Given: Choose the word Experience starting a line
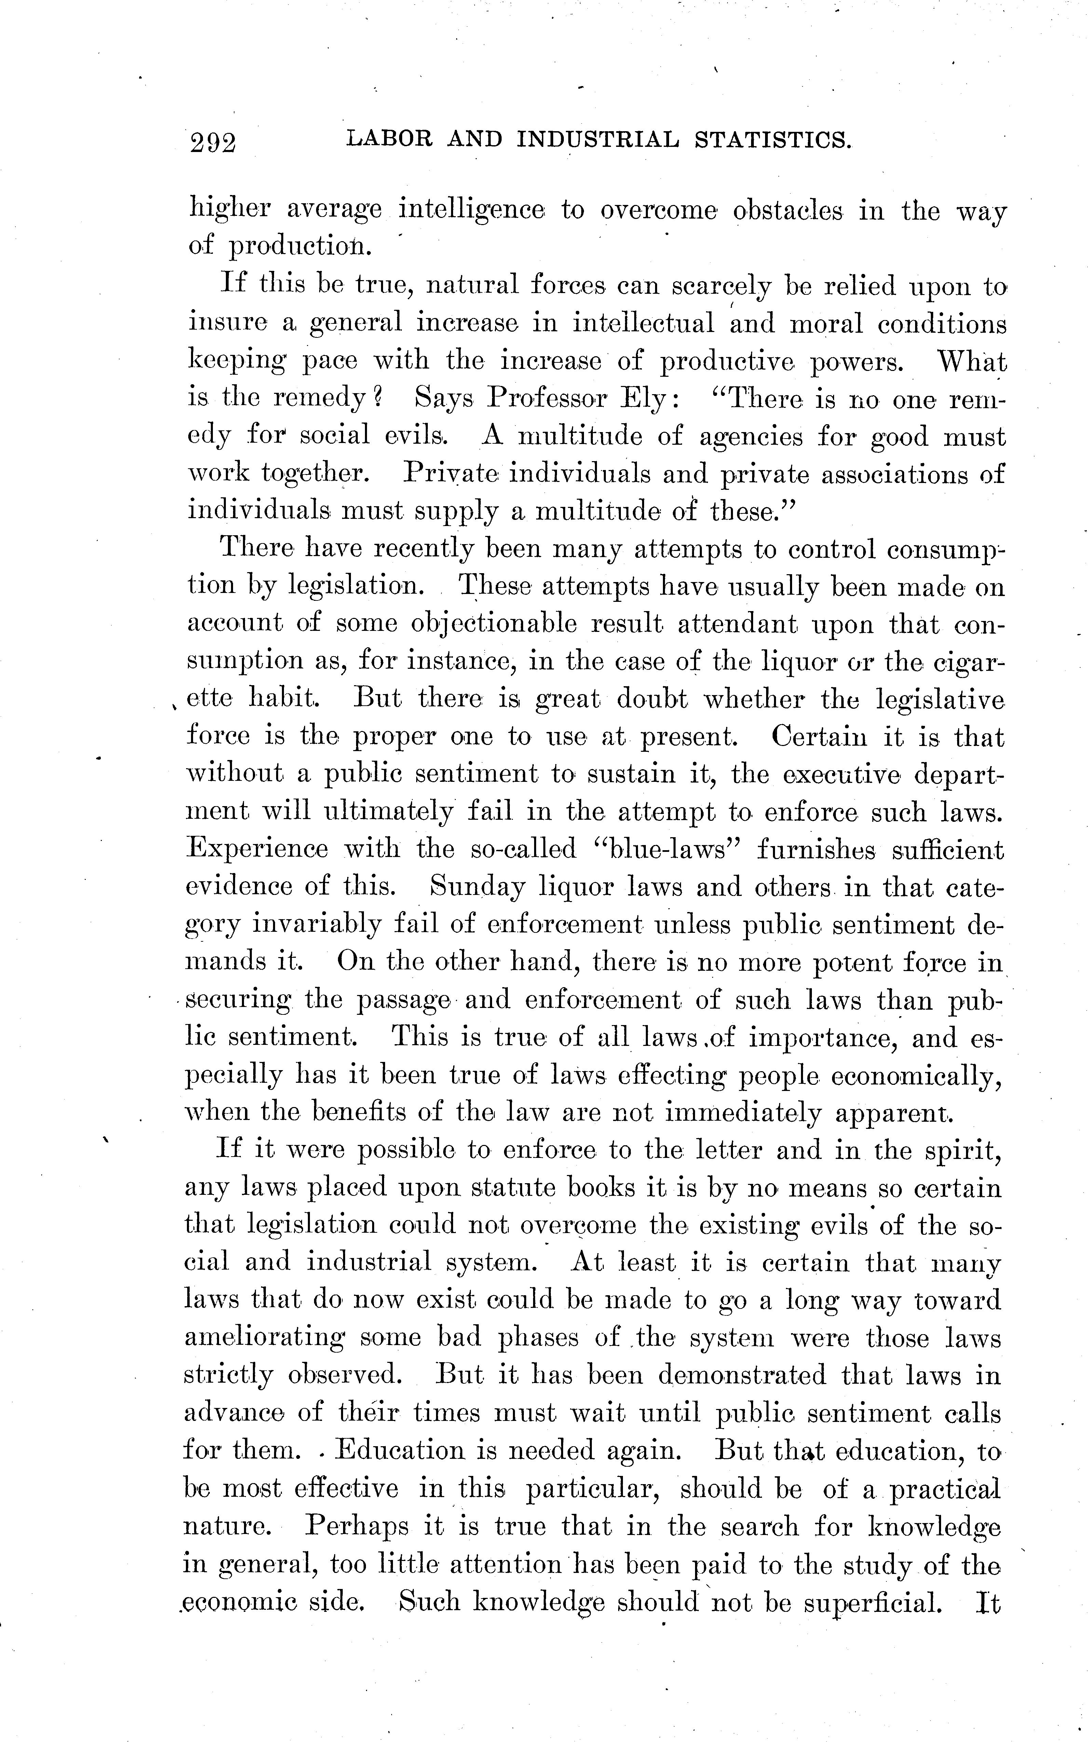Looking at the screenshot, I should point(257,849).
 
